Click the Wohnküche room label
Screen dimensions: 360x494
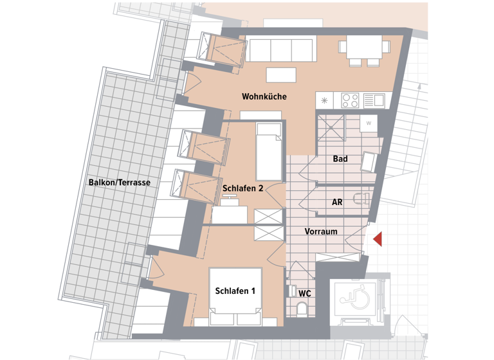(264, 96)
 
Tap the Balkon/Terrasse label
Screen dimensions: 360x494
(119, 183)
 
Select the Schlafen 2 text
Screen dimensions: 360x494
(243, 188)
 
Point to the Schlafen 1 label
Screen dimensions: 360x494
(235, 291)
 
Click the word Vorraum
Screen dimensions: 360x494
(321, 231)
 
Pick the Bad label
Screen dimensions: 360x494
(340, 158)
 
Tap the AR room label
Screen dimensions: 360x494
(336, 202)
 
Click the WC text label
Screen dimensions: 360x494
(305, 293)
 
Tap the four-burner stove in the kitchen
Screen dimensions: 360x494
(350, 100)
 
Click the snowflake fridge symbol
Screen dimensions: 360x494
(325, 100)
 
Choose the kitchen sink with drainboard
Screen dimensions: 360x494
(374, 100)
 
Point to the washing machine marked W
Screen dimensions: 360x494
(369, 123)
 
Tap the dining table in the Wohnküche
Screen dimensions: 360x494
(364, 47)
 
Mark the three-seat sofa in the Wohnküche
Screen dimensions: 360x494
(281, 50)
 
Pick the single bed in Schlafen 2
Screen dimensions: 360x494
(269, 152)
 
